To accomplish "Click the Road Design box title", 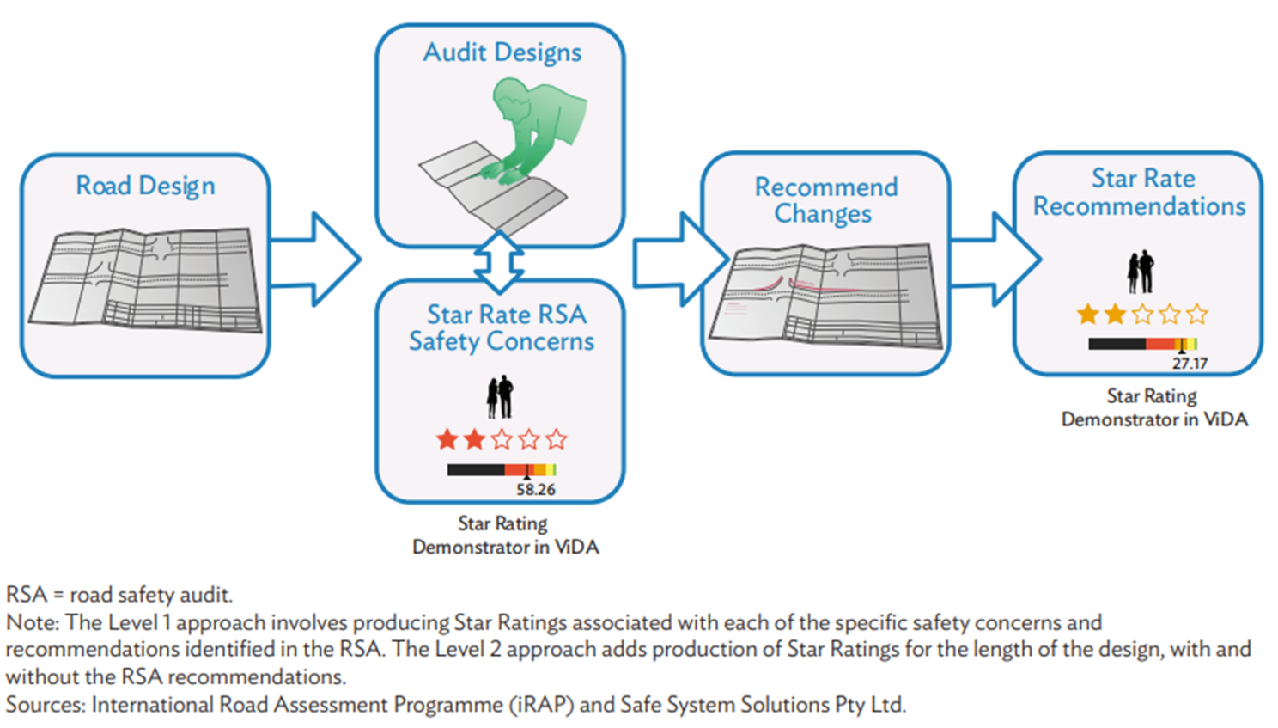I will (145, 186).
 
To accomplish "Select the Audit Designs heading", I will (502, 52).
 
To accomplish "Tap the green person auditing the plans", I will (532, 129).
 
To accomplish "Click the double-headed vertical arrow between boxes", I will (499, 262).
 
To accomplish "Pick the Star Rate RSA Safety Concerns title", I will (502, 327).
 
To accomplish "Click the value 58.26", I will (536, 490).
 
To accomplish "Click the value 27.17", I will (1190, 364).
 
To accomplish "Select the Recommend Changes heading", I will (825, 200).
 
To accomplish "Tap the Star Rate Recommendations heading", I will (1140, 193).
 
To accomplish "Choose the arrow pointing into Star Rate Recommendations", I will (996, 260).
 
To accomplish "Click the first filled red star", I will (447, 440).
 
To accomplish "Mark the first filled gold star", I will (1087, 315).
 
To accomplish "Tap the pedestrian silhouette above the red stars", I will (500, 397).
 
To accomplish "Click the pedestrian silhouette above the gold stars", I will (1141, 272).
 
